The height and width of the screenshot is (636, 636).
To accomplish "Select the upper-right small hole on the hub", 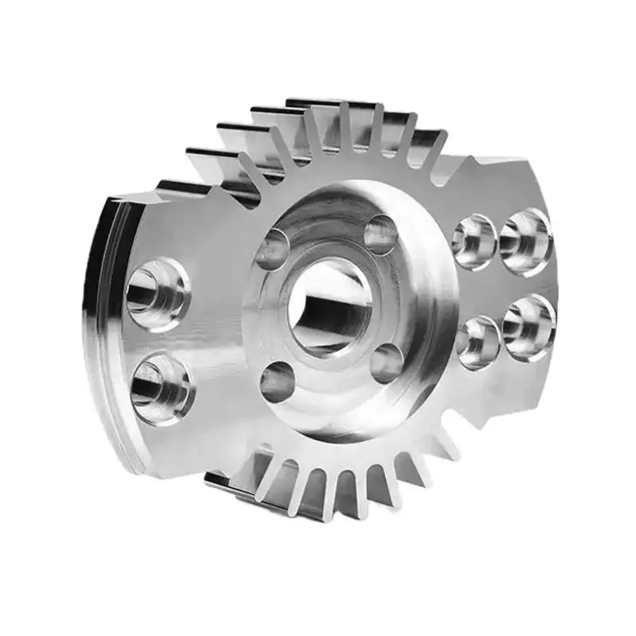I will [381, 235].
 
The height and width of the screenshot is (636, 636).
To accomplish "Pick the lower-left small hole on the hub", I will [275, 381].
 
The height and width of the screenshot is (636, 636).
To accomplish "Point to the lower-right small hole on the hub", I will [386, 364].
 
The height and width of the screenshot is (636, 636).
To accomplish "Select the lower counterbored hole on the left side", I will [161, 389].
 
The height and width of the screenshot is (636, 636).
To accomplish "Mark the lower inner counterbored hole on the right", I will [477, 342].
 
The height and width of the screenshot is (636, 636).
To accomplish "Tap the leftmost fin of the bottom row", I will [238, 481].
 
